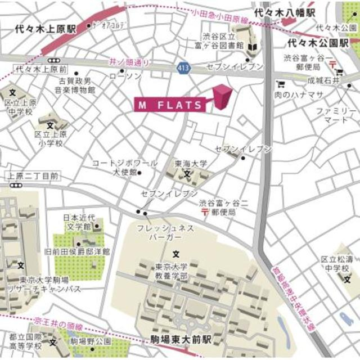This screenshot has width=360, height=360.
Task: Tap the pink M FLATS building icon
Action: (223, 96)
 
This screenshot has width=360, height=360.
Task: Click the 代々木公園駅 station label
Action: (318, 42)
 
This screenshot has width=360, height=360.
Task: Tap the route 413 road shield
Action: (183, 67)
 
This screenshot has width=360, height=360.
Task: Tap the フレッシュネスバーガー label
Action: (166, 233)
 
